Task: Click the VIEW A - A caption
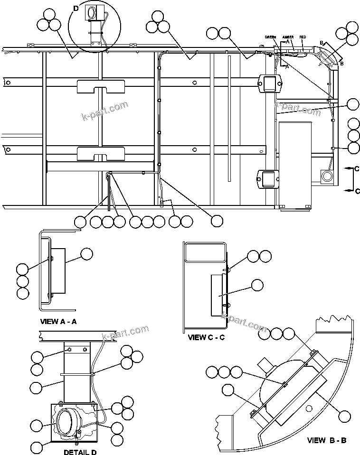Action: coord(58,321)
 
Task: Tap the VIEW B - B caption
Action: coord(327,440)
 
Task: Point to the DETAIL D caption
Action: coord(80,452)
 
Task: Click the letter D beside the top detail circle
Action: coord(76,8)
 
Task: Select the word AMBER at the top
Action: coord(288,37)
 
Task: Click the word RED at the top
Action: coord(303,37)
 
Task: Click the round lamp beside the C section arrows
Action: coord(327,176)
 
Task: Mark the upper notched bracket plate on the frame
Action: coord(100,87)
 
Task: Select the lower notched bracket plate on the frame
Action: coord(100,154)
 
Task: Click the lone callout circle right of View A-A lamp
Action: coord(86,254)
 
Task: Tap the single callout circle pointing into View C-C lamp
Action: coord(257,285)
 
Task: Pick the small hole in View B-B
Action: coord(309,409)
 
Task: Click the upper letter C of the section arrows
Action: coord(357,168)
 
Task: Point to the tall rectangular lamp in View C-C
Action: coord(218,295)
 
